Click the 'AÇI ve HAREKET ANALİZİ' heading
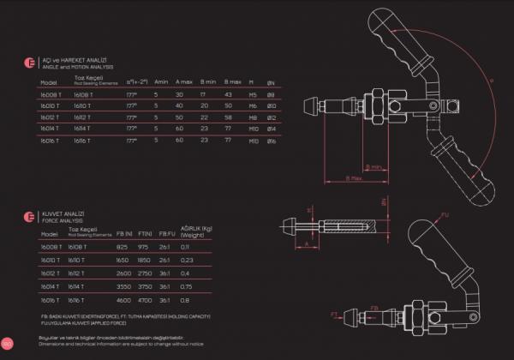pos(71,59)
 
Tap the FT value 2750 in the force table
pos(145,270)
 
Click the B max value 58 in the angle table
pos(228,116)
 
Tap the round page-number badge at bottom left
pos(6,345)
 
